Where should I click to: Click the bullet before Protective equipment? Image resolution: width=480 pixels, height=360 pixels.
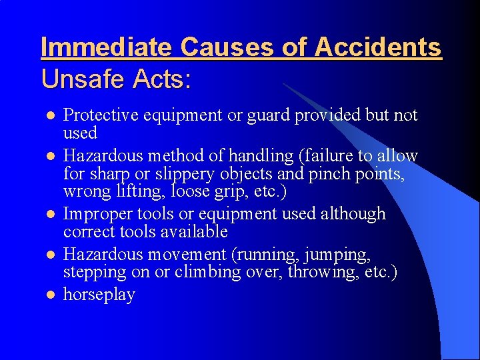coord(48,116)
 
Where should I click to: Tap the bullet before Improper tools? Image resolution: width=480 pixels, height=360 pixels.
coord(48,215)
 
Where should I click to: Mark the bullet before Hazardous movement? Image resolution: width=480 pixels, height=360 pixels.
coord(48,255)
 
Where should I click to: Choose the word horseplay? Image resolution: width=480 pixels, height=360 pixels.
coord(99,295)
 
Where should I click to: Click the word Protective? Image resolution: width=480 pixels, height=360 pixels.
coord(100,115)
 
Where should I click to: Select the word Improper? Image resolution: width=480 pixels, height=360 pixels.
coord(95,214)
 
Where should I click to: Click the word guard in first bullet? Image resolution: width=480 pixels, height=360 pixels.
coord(266,116)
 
